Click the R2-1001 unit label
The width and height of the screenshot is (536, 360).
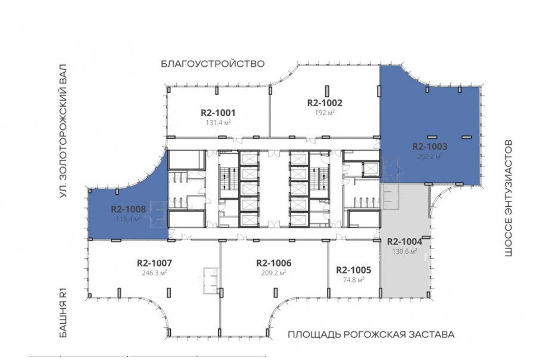coord(218,113)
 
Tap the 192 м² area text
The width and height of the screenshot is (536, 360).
coord(325,112)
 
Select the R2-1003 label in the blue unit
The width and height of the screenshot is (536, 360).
coord(429,147)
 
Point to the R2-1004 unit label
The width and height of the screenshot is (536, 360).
coord(404,241)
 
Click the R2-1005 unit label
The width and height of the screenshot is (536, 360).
coord(353,270)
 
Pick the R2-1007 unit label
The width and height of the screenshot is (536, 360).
coord(154,263)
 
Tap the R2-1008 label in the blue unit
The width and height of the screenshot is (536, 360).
coord(128,209)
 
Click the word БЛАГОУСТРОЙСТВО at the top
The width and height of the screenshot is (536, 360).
coord(213,64)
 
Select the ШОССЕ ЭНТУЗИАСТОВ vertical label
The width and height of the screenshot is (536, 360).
coord(509,198)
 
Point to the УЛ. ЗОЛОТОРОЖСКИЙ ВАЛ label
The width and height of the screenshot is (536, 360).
coord(63,131)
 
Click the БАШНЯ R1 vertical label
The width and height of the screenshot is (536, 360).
coord(63,313)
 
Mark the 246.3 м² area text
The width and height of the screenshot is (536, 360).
coord(154,273)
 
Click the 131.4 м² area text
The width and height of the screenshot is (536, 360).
coord(218,122)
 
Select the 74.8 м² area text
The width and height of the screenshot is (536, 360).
coord(353,280)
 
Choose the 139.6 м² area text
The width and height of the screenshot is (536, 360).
coord(404,252)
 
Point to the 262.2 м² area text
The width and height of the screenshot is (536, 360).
coord(429,156)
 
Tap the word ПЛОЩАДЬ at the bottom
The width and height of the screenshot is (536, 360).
coord(313,335)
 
